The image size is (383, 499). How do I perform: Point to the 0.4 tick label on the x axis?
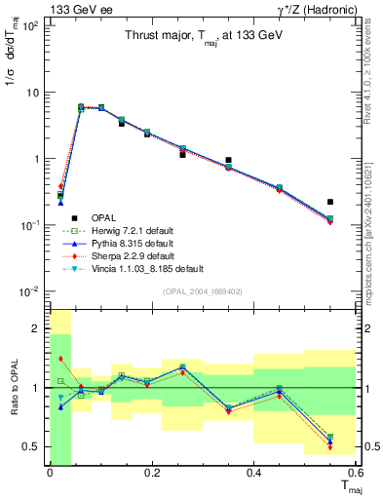tap(254, 474)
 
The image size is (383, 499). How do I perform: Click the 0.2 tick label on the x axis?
tap(152, 474)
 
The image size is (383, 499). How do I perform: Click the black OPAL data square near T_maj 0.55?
tap(330, 202)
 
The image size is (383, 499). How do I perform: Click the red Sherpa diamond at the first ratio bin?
tap(60, 360)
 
